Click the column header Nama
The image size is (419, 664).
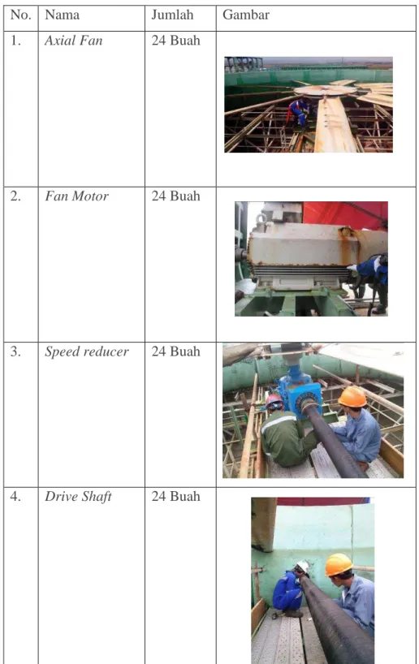(62, 15)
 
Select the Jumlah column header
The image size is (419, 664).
(172, 15)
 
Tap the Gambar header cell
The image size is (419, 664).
(246, 15)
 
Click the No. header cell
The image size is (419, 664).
(21, 15)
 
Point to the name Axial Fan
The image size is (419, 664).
(73, 41)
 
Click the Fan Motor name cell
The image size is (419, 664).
(76, 196)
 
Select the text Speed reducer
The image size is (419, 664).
(86, 351)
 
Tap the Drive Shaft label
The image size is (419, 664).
(78, 496)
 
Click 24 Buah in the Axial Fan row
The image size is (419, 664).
(175, 41)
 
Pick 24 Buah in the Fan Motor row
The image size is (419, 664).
(175, 196)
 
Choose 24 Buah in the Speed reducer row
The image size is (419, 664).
(175, 351)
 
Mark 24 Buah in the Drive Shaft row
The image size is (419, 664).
(175, 496)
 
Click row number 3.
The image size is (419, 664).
(15, 351)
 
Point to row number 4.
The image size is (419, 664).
(15, 496)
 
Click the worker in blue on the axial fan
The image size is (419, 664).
(298, 113)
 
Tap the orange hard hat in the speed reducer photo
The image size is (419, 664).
(352, 397)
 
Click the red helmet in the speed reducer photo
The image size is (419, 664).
(274, 401)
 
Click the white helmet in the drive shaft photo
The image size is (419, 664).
(303, 567)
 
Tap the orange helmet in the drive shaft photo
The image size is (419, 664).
(339, 564)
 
